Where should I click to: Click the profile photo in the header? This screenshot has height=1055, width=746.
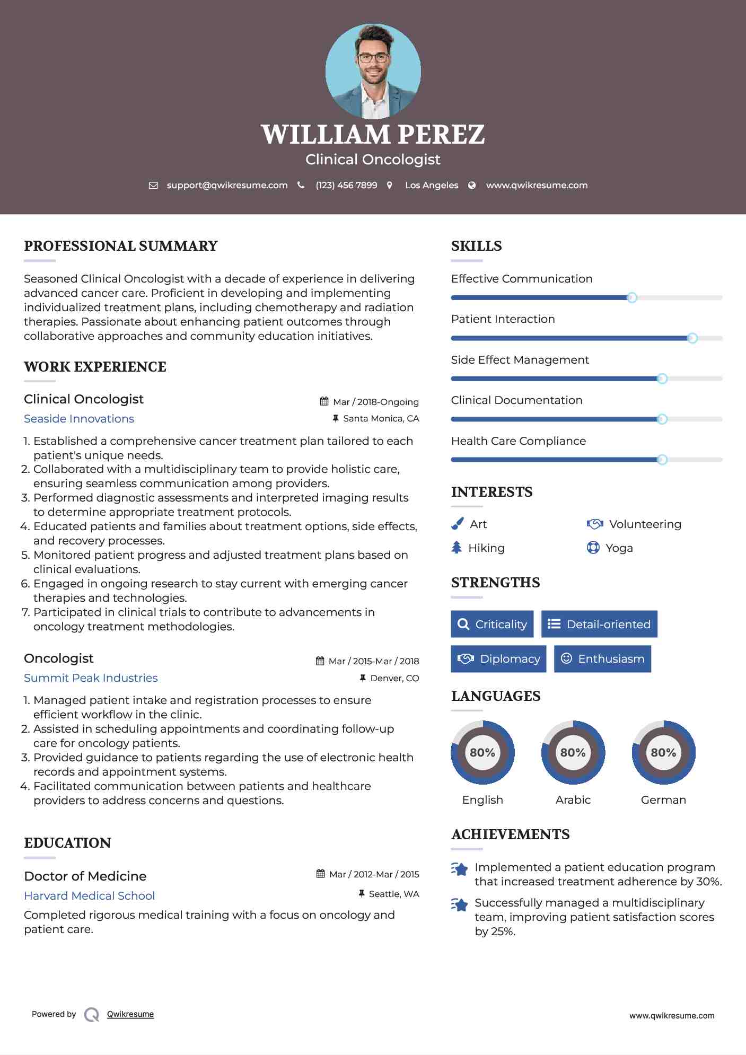pos(373,71)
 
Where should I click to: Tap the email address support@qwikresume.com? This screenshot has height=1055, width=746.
pos(227,185)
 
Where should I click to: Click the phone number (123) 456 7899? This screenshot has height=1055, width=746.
pos(346,185)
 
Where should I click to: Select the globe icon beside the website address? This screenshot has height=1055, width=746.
pos(472,185)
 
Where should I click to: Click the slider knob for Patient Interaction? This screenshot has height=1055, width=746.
pos(692,338)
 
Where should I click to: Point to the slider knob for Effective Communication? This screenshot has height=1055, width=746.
pos(631,298)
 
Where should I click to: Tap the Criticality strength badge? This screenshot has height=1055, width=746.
pos(492,624)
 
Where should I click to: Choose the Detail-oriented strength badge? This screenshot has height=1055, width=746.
pos(599,624)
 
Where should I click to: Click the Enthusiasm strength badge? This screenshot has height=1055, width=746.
pos(602,658)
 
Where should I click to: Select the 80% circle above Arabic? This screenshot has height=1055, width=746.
pos(573,752)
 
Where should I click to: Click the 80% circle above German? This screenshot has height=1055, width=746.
pos(663,752)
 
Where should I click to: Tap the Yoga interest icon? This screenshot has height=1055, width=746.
pos(593,548)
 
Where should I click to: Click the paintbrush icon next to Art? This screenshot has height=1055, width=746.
pos(457,524)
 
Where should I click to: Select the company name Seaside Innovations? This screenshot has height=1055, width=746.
pos(79,419)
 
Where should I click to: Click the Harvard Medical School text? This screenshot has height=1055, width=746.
pos(90,895)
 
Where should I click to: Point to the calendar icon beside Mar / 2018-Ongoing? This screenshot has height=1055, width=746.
pos(324,401)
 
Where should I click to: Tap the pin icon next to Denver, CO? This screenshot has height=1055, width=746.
pos(363,678)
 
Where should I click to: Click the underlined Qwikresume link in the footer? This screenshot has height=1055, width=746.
pos(130,1014)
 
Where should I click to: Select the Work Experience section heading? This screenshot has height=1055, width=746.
pos(95,367)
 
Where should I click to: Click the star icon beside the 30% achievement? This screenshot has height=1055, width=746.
pos(460,869)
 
